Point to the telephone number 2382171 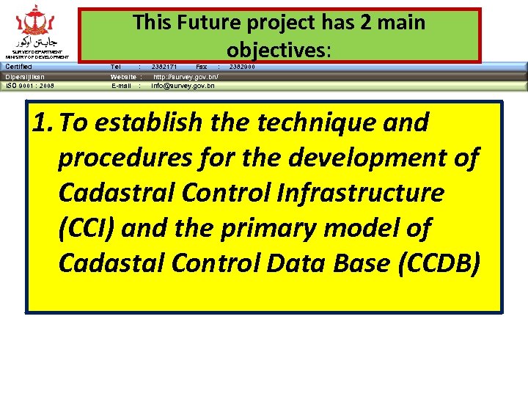[164, 67]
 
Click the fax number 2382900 [243, 67]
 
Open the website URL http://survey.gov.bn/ [186, 76]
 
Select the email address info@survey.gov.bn [183, 86]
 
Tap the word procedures [121, 158]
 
